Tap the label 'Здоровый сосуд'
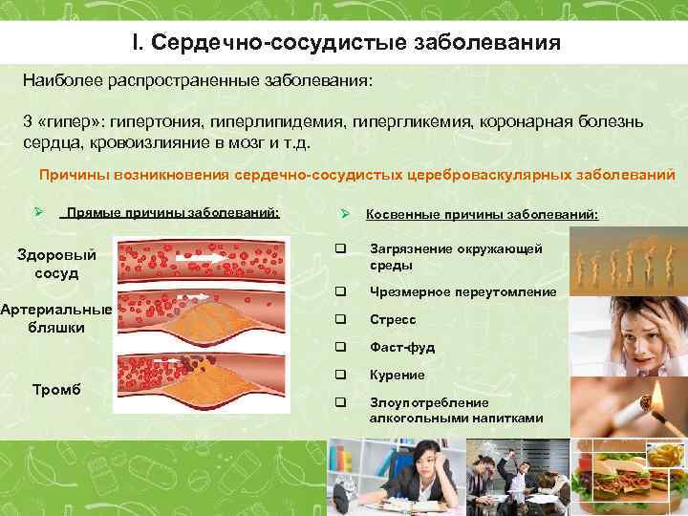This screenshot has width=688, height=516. [56, 265]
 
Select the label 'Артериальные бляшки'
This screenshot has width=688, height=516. [56, 318]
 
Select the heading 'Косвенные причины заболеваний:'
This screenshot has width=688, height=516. [483, 215]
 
